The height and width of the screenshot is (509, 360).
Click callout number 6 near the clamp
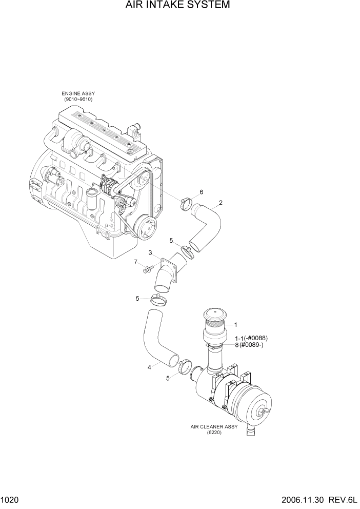[x=202, y=192]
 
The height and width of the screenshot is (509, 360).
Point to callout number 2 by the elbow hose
[x=221, y=203]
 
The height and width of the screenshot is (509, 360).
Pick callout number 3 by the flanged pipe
[x=150, y=252]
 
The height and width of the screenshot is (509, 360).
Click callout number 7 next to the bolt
[x=136, y=262]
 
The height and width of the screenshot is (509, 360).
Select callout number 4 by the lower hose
[x=149, y=367]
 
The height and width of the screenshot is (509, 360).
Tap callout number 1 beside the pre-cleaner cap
[x=235, y=324]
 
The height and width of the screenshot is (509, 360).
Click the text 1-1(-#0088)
[x=251, y=338]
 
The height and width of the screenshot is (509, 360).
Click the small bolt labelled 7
[x=148, y=268]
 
